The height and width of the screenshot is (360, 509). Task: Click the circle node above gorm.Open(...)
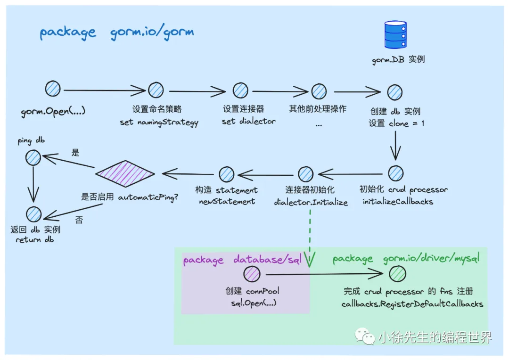[x=53, y=90]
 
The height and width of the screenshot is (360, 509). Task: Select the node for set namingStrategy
[x=156, y=90]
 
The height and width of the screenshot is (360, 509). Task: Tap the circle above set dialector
[x=240, y=90]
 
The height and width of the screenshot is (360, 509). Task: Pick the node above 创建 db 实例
[x=394, y=92]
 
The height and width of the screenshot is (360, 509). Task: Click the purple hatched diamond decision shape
[x=125, y=174]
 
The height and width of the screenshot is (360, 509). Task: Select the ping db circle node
[x=33, y=158]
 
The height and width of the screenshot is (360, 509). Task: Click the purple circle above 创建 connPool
[x=252, y=274]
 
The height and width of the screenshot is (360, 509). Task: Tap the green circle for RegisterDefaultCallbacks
[x=398, y=274]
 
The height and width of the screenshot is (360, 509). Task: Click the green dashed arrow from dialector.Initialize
[x=310, y=236]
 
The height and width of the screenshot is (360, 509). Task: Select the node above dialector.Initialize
[x=305, y=174]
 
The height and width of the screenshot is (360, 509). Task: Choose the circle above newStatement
[x=227, y=174]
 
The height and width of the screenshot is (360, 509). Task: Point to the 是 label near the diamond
[x=75, y=153]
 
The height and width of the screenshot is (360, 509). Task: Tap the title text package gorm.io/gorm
[x=116, y=33]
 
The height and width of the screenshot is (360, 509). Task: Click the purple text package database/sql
[x=242, y=260]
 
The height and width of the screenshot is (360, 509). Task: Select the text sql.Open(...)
[x=250, y=303]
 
